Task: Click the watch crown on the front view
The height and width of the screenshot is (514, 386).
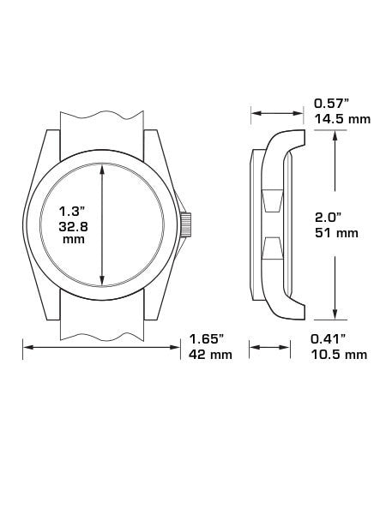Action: click(186, 224)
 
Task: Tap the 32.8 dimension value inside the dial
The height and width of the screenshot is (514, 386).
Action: click(73, 227)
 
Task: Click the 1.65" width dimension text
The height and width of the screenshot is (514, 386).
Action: click(207, 339)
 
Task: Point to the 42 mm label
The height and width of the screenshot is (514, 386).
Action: click(210, 355)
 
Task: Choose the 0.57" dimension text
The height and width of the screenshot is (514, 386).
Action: click(331, 104)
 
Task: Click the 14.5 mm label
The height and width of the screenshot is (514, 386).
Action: click(342, 119)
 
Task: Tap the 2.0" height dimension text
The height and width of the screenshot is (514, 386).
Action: click(329, 217)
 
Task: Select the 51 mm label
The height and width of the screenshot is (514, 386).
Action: click(336, 233)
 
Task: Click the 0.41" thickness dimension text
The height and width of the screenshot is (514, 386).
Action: click(329, 339)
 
